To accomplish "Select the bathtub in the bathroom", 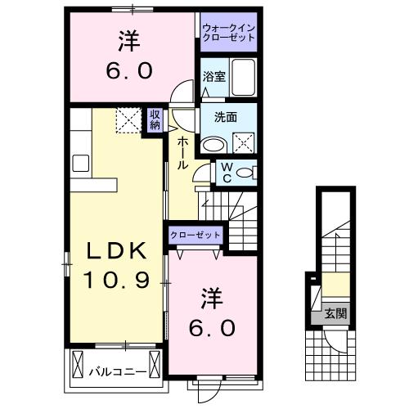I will pyautogui.click(x=243, y=77).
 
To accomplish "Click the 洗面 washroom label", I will pyautogui.click(x=226, y=116).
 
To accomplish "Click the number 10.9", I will pyautogui.click(x=115, y=282).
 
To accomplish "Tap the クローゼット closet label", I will pyautogui.click(x=196, y=235).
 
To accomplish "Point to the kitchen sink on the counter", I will pyautogui.click(x=81, y=162).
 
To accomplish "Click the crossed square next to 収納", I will pyautogui.click(x=128, y=121).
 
